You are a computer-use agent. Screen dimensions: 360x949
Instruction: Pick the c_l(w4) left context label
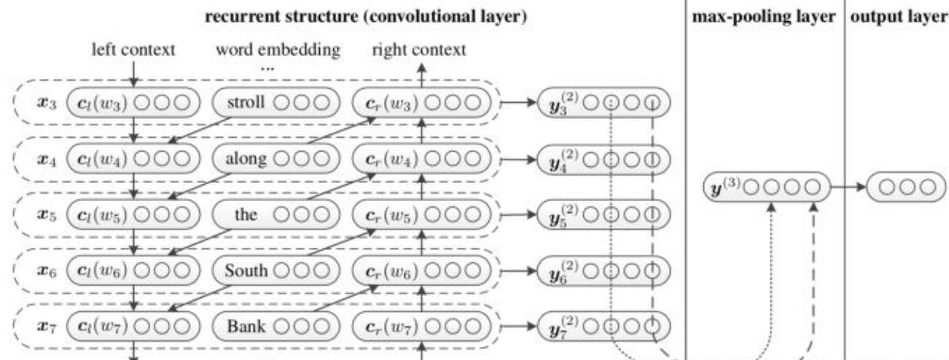(99, 160)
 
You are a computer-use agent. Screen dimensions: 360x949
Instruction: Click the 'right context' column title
(419, 50)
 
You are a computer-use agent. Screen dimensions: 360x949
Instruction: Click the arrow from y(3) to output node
(848, 188)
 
